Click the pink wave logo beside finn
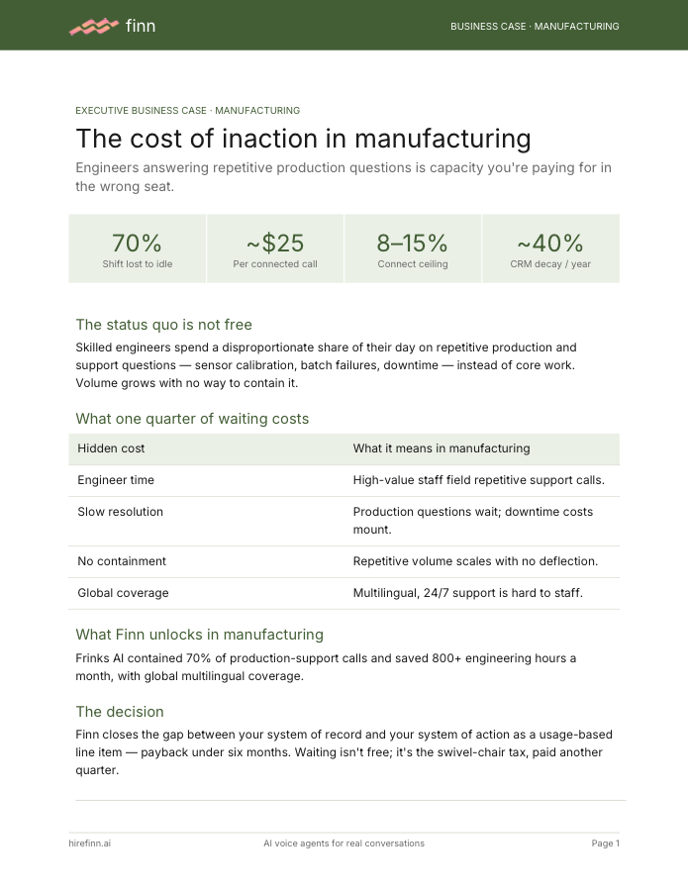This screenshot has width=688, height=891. coord(94,26)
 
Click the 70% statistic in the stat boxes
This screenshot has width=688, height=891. coord(137,244)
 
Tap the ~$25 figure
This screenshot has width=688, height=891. coord(275,244)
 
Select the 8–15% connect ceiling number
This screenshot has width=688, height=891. coord(413,244)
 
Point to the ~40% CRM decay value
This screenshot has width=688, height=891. coord(550,244)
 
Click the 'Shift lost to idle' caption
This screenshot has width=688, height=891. coord(138,263)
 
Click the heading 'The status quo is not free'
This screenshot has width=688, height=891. coord(163,325)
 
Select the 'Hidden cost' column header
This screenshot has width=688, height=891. coord(111,448)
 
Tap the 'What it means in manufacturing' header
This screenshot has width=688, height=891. coord(442,448)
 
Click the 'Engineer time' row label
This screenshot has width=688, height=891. coord(116,480)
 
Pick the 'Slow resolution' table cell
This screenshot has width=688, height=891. coord(121,512)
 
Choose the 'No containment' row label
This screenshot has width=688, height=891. coord(122,561)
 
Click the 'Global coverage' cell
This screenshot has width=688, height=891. coord(124,593)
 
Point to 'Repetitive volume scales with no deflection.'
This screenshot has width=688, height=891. coord(475,561)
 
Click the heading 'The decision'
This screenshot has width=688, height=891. coord(120,712)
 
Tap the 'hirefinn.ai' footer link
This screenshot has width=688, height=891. coord(90,843)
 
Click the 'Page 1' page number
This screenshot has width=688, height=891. coord(605,843)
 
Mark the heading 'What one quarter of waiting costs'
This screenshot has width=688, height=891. coord(192,419)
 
